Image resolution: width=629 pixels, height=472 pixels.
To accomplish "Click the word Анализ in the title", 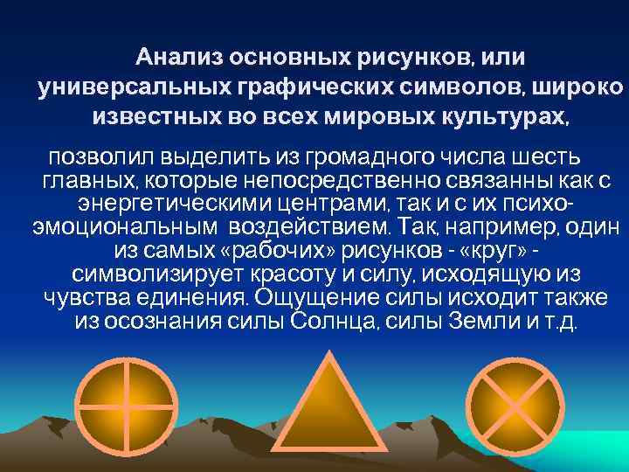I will (x=178, y=59).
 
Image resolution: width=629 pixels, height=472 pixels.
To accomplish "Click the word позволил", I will (x=93, y=158).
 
